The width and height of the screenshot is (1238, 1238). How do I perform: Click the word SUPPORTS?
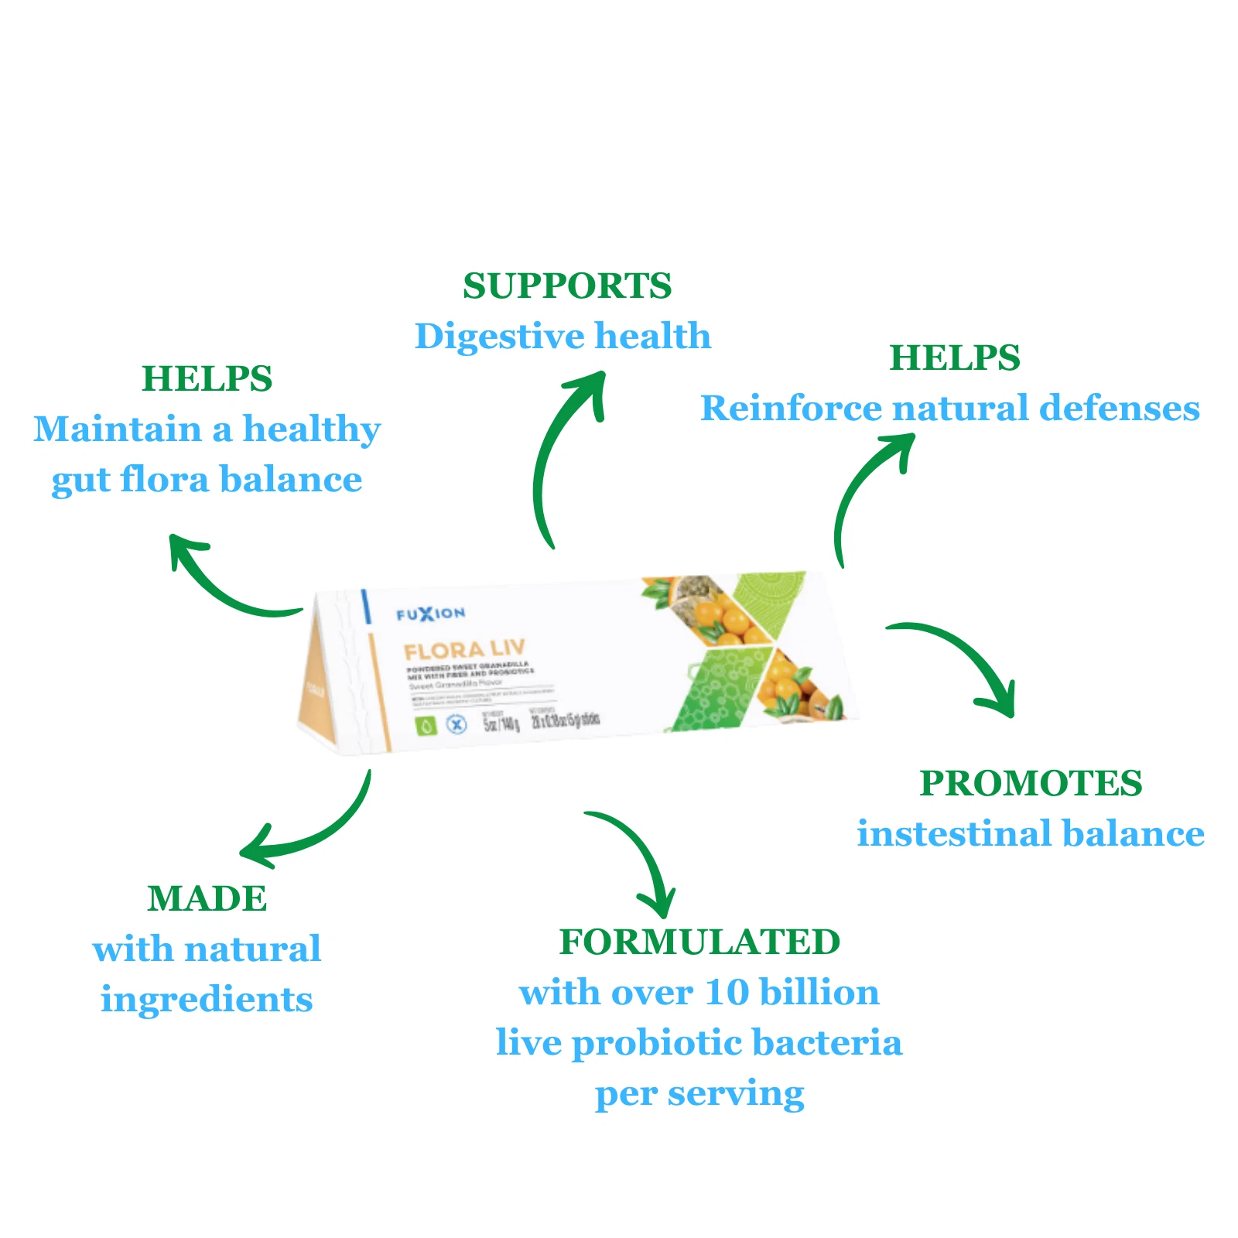click(x=567, y=286)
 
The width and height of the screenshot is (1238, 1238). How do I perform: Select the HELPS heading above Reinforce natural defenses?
click(x=955, y=358)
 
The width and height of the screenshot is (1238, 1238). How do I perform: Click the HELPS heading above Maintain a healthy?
click(x=207, y=379)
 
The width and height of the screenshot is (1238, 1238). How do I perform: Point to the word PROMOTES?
click(x=1031, y=783)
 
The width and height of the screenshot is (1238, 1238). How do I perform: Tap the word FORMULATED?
click(x=699, y=942)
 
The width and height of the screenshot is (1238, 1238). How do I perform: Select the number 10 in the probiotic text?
click(x=727, y=993)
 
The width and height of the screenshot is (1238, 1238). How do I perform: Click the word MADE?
click(x=207, y=899)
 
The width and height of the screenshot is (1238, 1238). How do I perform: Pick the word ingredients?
click(x=207, y=1000)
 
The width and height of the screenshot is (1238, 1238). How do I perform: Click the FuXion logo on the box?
click(x=430, y=614)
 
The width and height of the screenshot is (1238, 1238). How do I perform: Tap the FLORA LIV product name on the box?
click(x=464, y=649)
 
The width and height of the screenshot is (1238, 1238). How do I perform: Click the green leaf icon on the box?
click(x=426, y=726)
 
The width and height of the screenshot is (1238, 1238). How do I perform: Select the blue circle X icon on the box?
click(x=457, y=725)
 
